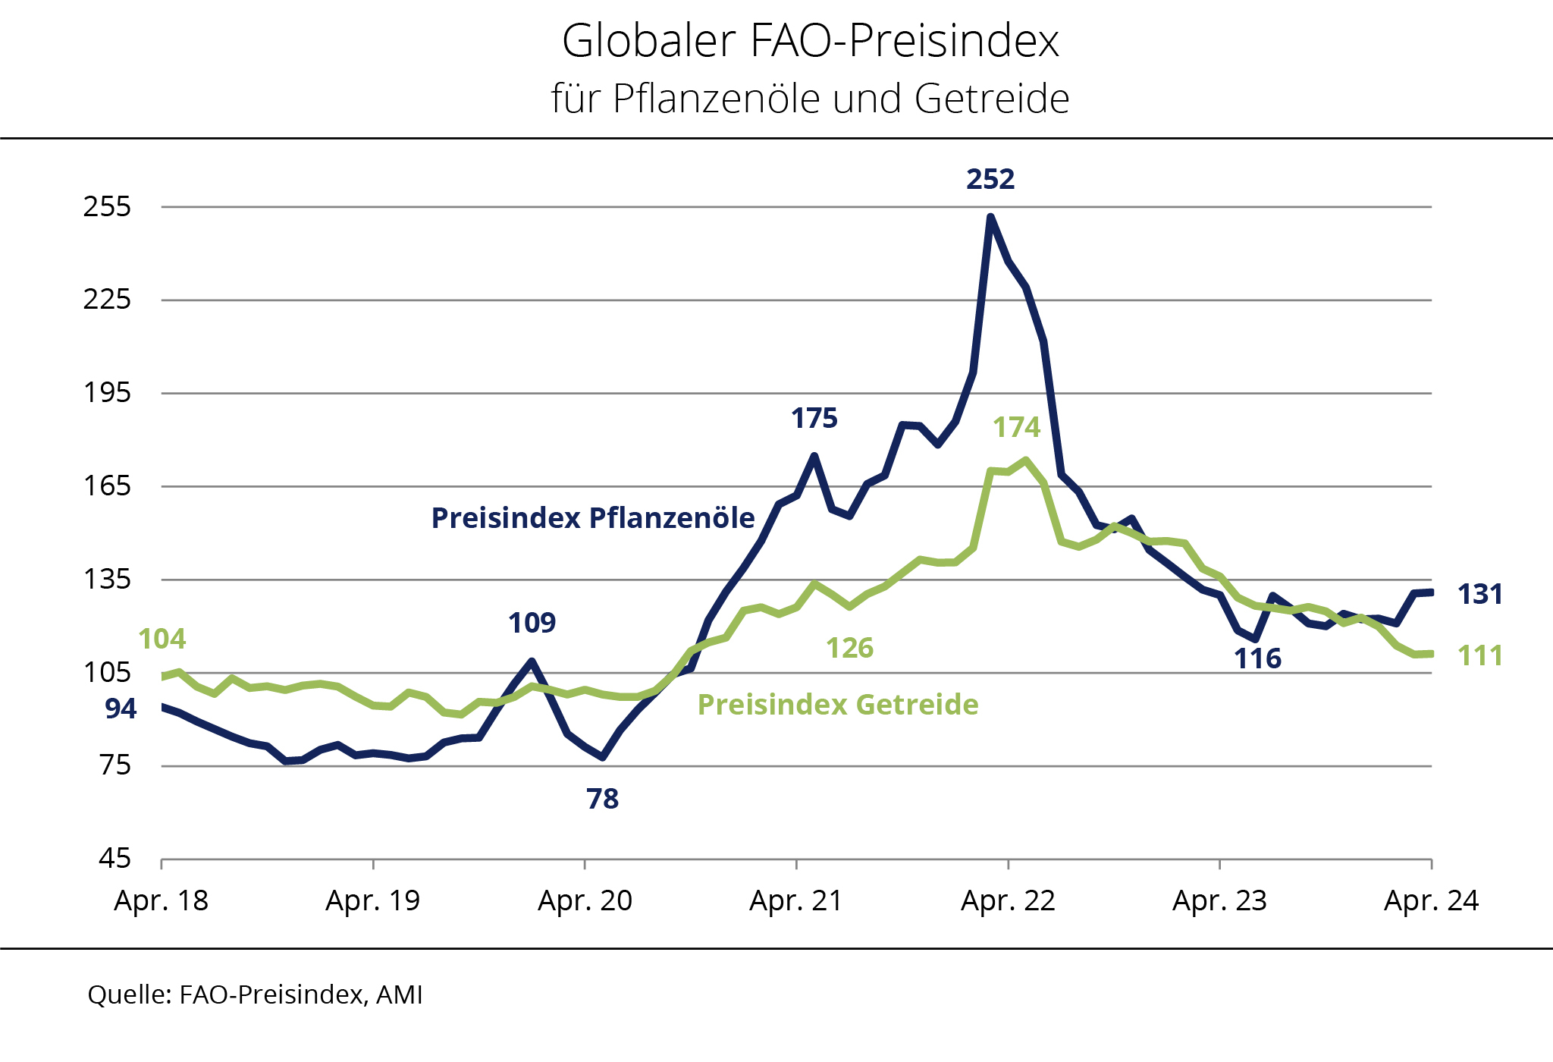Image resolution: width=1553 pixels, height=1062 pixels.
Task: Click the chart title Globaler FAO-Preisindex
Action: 810,41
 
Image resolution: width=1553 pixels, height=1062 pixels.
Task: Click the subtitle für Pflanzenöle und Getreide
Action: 810,99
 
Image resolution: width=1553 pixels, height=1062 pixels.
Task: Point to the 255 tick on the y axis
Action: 107,206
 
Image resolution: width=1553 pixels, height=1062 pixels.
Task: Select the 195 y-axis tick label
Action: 107,393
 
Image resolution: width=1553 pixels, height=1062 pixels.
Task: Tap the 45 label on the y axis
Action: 115,859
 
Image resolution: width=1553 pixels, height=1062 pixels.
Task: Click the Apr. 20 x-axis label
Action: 585,901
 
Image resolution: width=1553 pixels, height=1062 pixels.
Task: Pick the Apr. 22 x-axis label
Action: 1008,901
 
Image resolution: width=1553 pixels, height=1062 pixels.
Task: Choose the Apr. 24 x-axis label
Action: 1431,901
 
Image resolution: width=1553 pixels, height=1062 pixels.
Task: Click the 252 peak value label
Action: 990,180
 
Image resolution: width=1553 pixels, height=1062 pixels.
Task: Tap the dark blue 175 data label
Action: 814,419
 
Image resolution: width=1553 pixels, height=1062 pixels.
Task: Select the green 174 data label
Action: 1017,428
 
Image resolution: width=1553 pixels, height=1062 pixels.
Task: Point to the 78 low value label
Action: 603,800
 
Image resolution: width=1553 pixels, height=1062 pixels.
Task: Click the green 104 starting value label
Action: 162,639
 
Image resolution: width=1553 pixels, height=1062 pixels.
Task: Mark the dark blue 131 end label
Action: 1480,595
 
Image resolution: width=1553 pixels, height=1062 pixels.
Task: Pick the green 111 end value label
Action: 1480,656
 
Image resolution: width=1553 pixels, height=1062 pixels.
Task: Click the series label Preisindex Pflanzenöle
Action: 593,518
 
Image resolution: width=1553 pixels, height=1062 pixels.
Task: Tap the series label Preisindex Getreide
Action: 838,705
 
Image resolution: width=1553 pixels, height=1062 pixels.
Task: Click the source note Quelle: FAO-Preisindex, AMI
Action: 256,994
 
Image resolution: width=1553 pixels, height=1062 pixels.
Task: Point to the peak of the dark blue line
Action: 990,217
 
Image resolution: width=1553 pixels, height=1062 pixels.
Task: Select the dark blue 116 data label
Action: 1258,659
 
